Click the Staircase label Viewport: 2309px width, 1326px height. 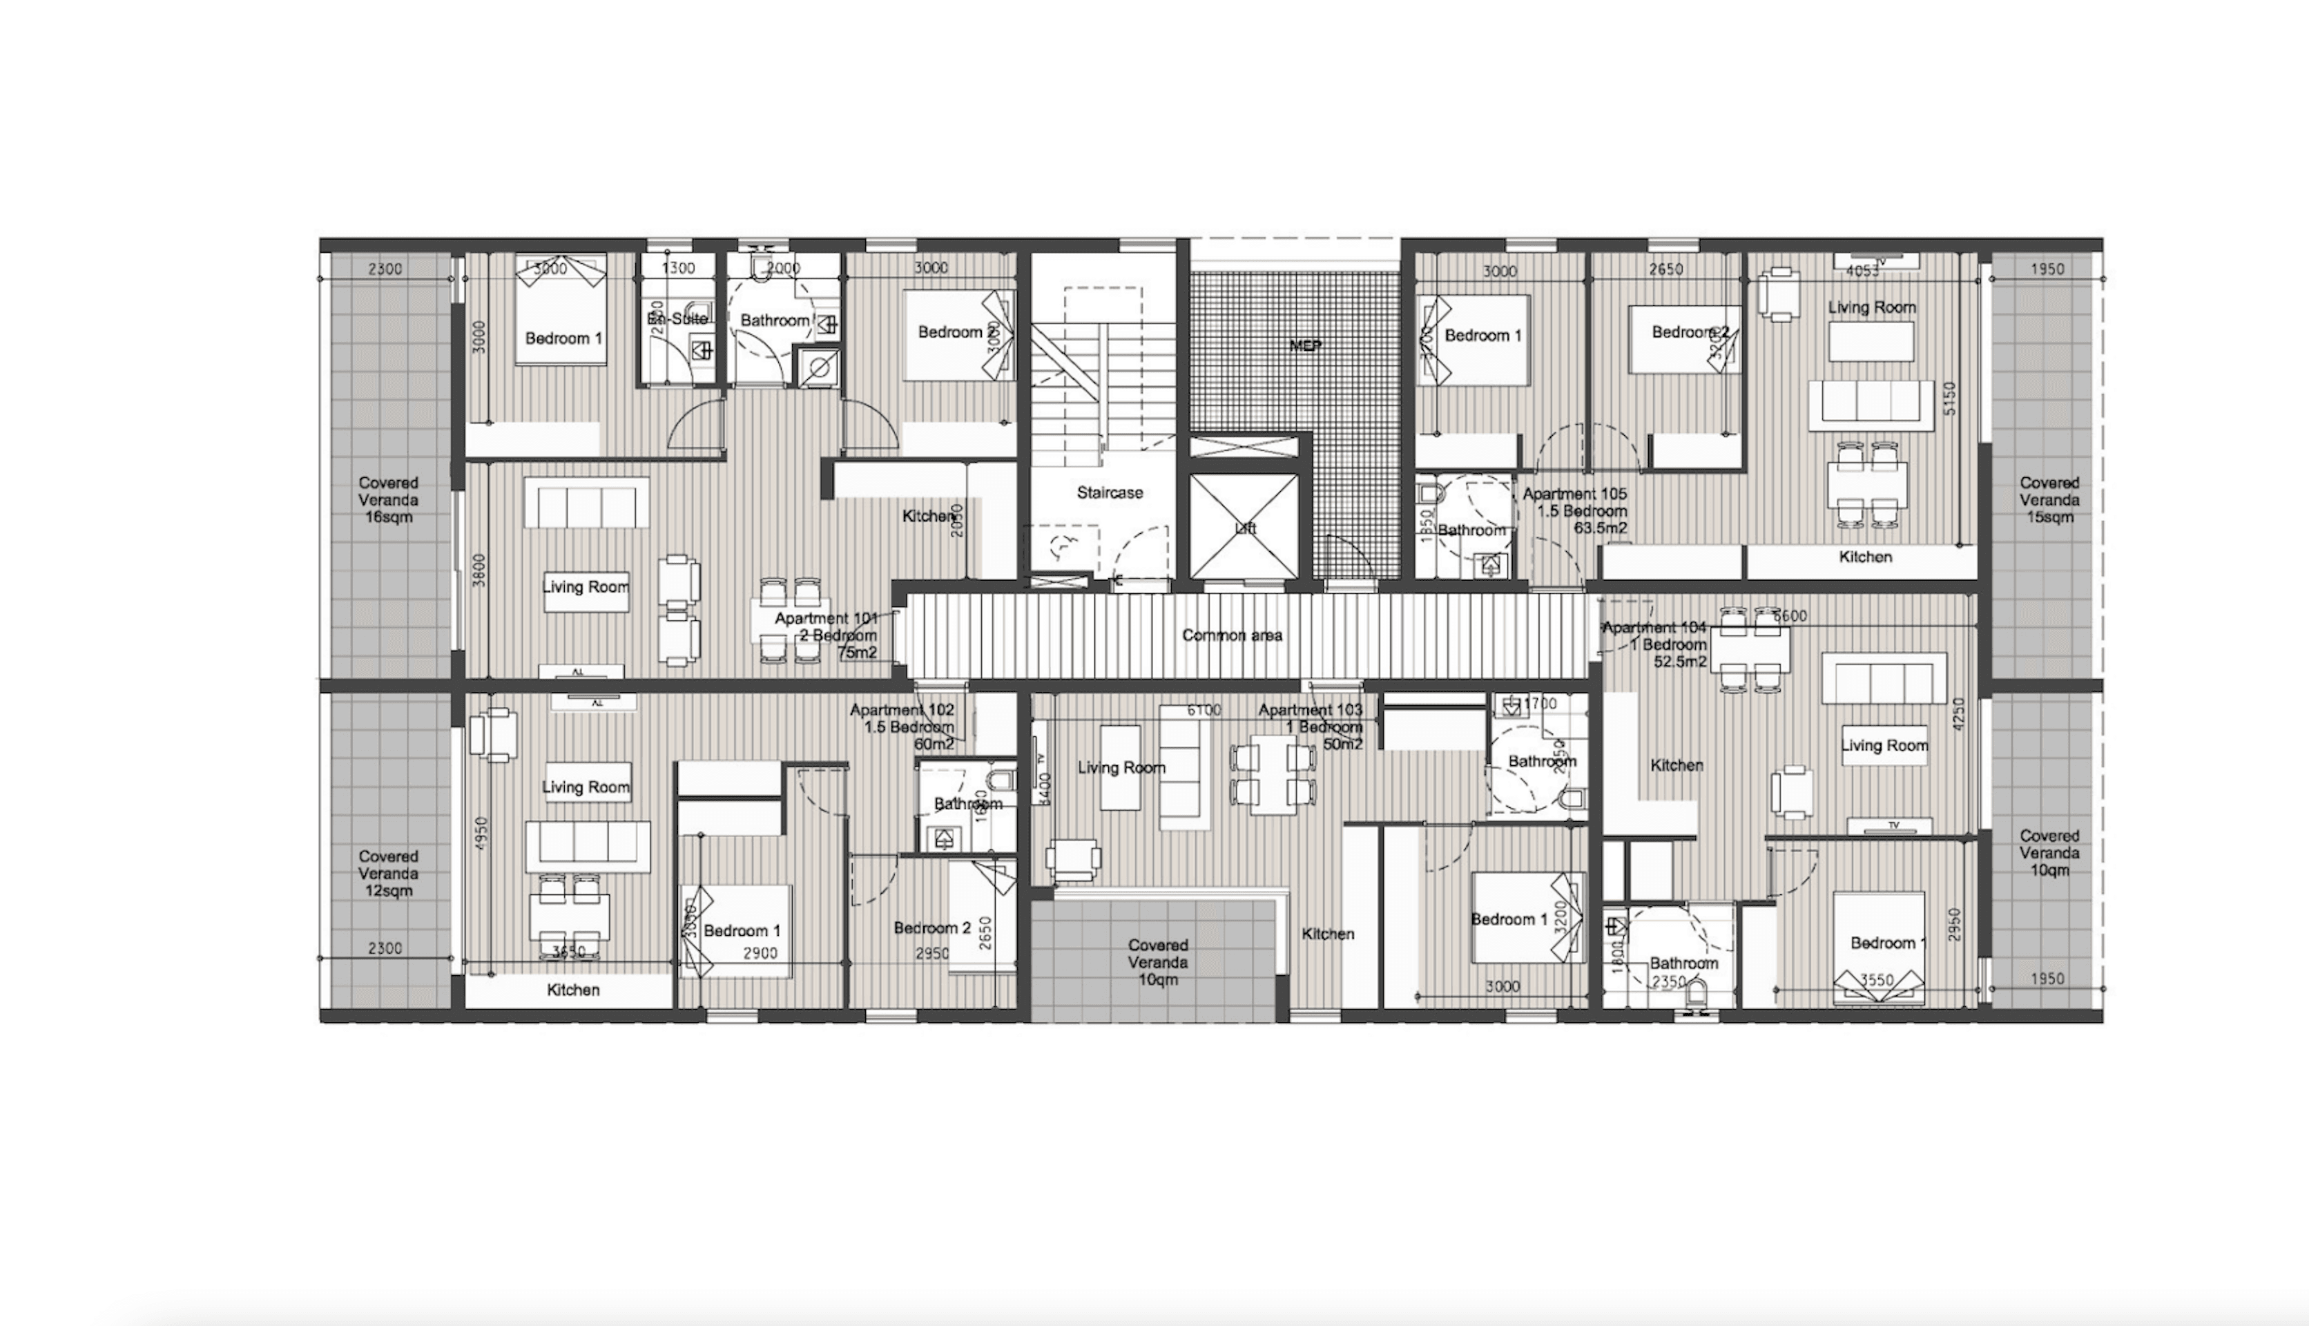point(1109,492)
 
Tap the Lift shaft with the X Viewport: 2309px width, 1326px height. point(1244,528)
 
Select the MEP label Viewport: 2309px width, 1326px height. point(1305,346)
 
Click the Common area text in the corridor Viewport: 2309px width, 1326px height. point(1232,635)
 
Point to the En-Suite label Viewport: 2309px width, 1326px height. point(677,319)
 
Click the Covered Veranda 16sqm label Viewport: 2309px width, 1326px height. point(388,500)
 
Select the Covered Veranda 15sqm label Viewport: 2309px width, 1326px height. point(2049,500)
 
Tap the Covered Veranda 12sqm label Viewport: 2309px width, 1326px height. point(388,874)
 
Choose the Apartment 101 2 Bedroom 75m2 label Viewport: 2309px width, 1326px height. point(826,635)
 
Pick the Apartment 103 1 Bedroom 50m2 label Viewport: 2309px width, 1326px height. point(1312,727)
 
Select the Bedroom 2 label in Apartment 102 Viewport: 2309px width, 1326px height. point(931,928)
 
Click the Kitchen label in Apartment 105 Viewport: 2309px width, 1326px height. point(1865,557)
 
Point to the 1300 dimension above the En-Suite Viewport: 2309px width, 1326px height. point(677,269)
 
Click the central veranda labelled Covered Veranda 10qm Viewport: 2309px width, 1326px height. point(1157,963)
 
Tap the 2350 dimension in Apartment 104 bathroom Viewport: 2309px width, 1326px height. point(1669,982)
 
